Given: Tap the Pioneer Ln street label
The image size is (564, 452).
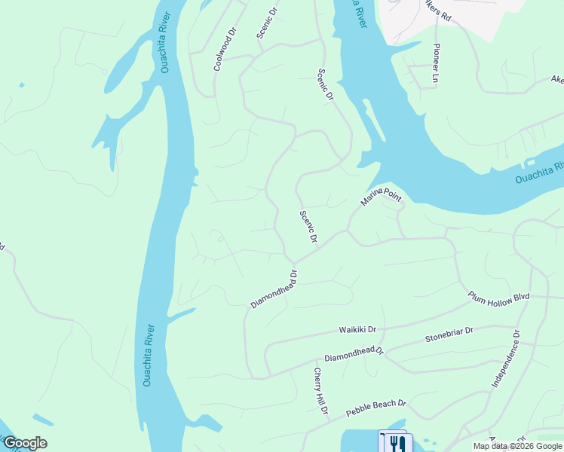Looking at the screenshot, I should [436, 63].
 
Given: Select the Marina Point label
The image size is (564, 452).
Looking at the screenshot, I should [381, 198].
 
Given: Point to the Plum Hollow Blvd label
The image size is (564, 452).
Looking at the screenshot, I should [499, 297].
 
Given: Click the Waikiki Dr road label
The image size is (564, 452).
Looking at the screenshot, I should [357, 331].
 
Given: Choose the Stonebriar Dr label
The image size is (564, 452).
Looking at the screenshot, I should [449, 334].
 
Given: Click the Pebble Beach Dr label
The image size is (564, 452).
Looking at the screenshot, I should [376, 409].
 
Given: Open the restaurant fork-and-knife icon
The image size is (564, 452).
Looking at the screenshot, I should [393, 441].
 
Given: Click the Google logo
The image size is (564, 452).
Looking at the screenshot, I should [25, 443].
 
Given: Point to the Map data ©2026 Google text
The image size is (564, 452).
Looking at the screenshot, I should [517, 446].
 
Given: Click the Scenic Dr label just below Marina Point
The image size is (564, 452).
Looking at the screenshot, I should [308, 227].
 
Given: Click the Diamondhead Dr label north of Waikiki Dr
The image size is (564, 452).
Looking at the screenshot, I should [274, 289].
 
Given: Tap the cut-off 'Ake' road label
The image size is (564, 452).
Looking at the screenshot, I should [556, 79].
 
